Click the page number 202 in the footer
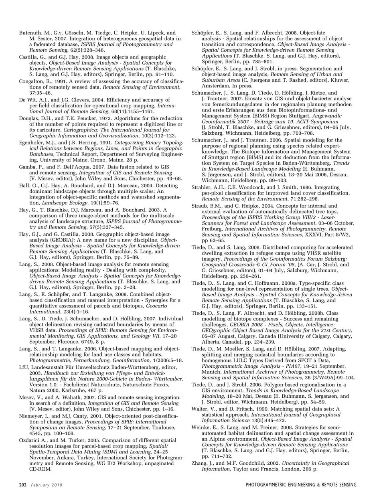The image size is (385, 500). (22, 485)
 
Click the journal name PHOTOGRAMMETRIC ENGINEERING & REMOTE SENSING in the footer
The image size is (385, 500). (301, 485)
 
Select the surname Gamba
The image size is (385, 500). (27, 167)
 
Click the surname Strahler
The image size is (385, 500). (201, 187)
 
